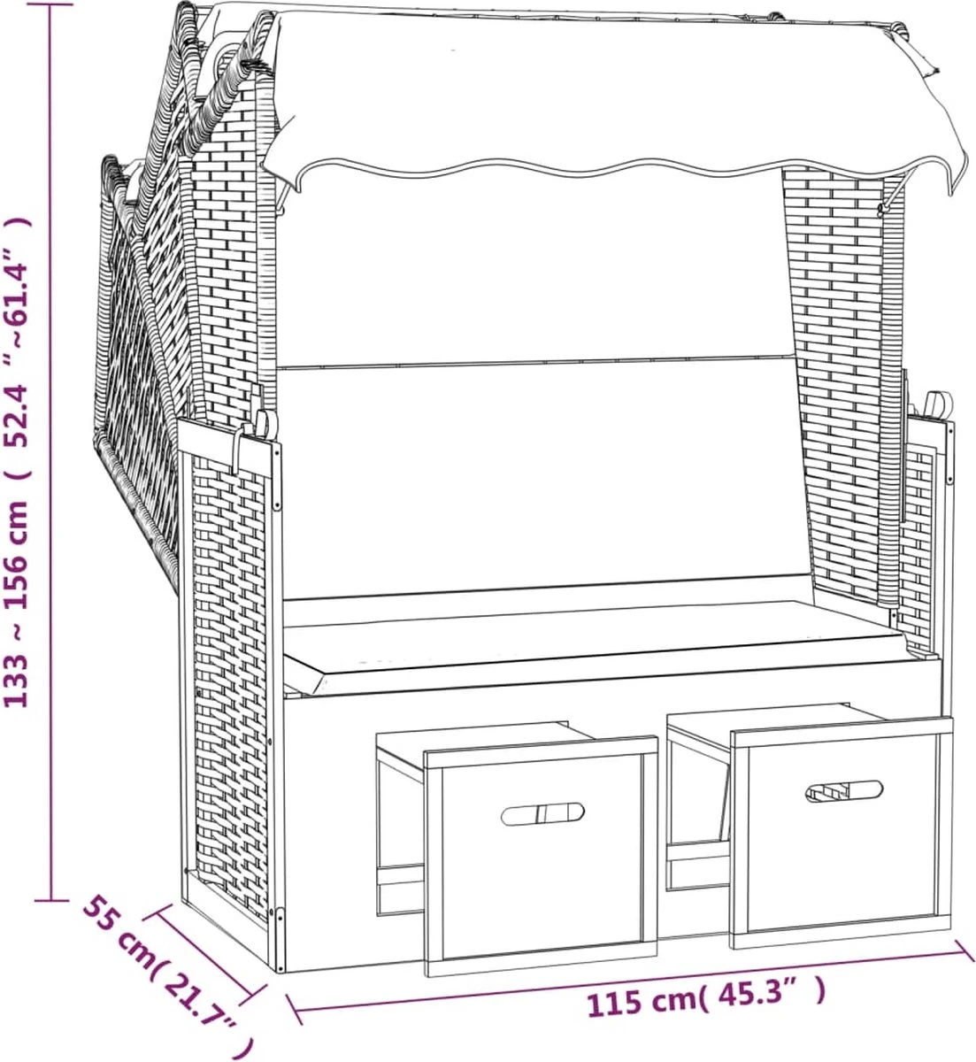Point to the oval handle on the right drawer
pyautogui.click(x=844, y=790)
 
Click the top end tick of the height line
pyautogui.click(x=52, y=4)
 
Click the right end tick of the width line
pyautogui.click(x=964, y=950)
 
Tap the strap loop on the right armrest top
pyautogui.click(x=936, y=405)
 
